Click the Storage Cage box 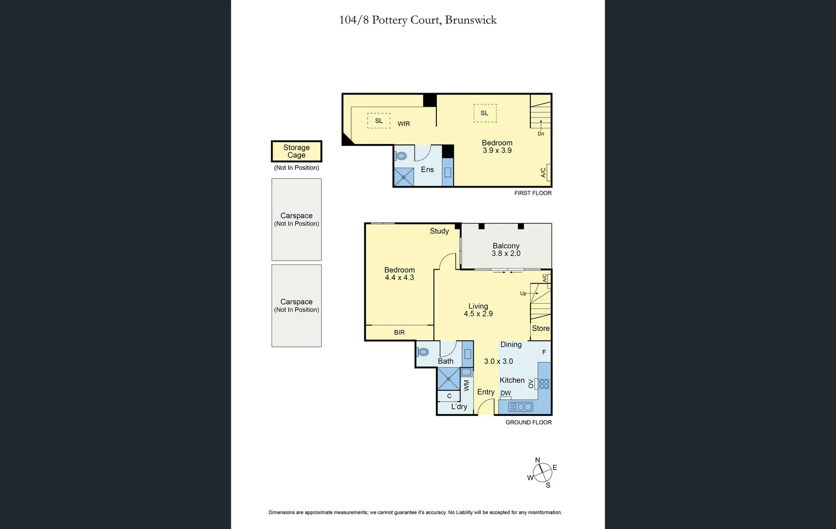pos(296,151)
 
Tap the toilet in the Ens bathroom pos(401,156)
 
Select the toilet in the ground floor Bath pos(423,352)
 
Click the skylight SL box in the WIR pos(379,120)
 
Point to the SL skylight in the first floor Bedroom pos(484,113)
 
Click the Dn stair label pos(541,134)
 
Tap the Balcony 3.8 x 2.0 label pos(506,249)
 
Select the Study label pos(439,231)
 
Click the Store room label pos(541,328)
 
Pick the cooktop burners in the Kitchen pos(544,384)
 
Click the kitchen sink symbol pos(521,407)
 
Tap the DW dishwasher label pos(505,393)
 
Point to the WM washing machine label pos(466,385)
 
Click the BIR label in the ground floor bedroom pos(399,333)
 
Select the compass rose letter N pos(537,460)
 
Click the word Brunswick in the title pos(471,20)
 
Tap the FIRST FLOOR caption pos(533,193)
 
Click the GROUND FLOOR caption pos(528,422)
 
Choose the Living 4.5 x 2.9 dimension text pos(478,314)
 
